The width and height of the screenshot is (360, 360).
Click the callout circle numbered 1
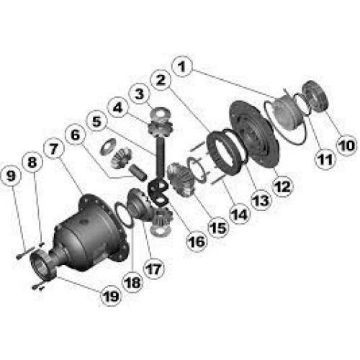(182, 66)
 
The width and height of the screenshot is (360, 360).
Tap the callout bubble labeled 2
(161, 80)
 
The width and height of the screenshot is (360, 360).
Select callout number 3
(140, 94)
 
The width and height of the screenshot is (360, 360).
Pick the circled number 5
(96, 121)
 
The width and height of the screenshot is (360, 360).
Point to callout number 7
(53, 149)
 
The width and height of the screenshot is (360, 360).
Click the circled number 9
(11, 176)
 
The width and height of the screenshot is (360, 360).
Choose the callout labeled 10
(347, 145)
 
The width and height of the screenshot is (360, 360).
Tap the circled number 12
(283, 186)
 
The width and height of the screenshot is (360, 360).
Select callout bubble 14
(240, 214)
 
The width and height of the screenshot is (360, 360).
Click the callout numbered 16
(197, 241)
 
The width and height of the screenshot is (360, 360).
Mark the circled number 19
(111, 296)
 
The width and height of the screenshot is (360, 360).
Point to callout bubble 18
(132, 282)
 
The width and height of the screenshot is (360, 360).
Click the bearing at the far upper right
(314, 96)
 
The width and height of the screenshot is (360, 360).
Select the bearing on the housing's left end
(44, 264)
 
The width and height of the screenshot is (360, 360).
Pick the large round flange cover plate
(254, 135)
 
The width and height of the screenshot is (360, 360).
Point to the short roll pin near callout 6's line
(138, 172)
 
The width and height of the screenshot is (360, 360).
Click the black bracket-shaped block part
(159, 193)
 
